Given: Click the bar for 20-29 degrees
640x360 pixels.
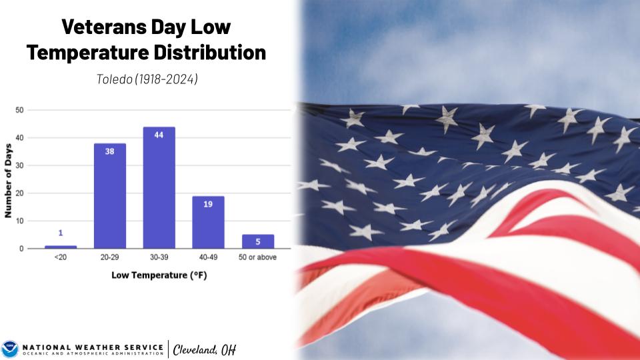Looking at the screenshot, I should (110, 196).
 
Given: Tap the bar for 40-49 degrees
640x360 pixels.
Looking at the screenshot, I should (209, 222).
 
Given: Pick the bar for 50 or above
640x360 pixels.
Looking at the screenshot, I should (258, 241).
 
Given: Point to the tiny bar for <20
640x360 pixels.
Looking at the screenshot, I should (61, 247).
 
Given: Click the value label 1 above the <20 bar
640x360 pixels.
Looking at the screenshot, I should (61, 233).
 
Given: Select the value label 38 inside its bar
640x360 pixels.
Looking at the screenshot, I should (110, 151).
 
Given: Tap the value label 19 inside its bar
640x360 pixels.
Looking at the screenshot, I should (208, 203).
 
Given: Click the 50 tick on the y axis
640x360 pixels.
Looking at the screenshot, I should (20, 110).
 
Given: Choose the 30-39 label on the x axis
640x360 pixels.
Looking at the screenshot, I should (159, 257).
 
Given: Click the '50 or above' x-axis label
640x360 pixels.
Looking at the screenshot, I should (258, 257).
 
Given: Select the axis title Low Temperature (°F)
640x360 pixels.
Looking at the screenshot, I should (159, 275).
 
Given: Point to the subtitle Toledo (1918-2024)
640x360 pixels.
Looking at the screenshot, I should (147, 79).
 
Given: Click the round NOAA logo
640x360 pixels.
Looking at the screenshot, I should (10, 349).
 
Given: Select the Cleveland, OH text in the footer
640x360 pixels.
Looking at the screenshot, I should (204, 349).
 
